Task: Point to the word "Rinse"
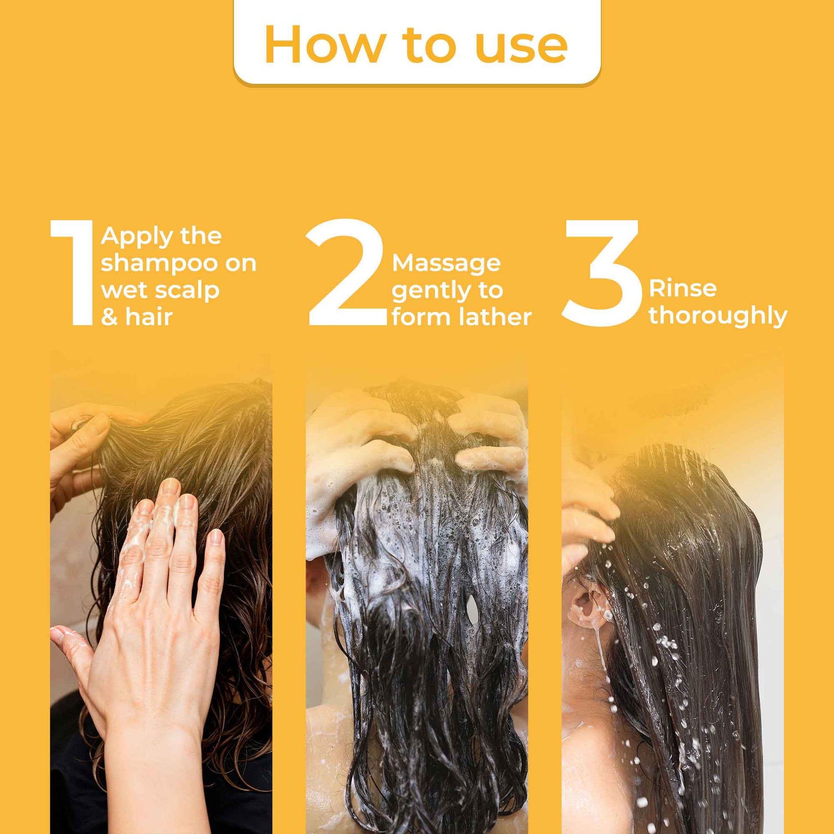682,289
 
